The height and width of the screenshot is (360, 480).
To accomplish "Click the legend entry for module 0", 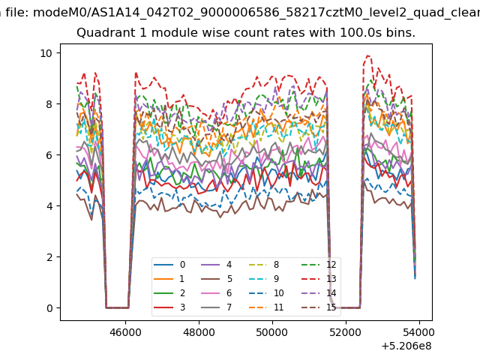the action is tap(169, 265).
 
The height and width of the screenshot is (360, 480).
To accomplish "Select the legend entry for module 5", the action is tap(217, 279).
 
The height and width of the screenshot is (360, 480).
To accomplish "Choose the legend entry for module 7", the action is tap(217, 307).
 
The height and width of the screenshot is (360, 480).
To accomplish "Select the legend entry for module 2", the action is tap(169, 293).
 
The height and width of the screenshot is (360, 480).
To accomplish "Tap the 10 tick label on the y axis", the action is tap(46, 53).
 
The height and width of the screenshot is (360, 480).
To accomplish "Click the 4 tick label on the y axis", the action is tap(49, 206).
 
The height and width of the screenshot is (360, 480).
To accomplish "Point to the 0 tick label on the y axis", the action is tap(49, 308).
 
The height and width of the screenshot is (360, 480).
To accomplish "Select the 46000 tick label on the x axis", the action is tap(125, 332).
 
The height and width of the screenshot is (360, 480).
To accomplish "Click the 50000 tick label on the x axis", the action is tap(272, 332).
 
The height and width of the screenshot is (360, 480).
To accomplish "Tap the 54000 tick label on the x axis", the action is tap(419, 332).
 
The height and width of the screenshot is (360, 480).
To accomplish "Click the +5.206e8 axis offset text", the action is tap(406, 346).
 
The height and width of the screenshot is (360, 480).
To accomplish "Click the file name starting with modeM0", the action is tap(256, 13).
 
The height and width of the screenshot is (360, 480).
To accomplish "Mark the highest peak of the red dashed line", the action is tap(368, 55).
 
